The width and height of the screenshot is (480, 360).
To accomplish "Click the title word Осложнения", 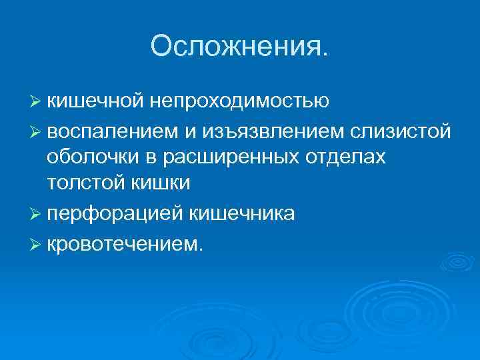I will click(239, 46).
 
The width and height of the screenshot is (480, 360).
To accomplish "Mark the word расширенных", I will click(238, 156).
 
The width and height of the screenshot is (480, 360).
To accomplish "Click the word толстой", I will click(81, 181).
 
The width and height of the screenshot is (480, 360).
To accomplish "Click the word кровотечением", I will click(123, 243).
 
